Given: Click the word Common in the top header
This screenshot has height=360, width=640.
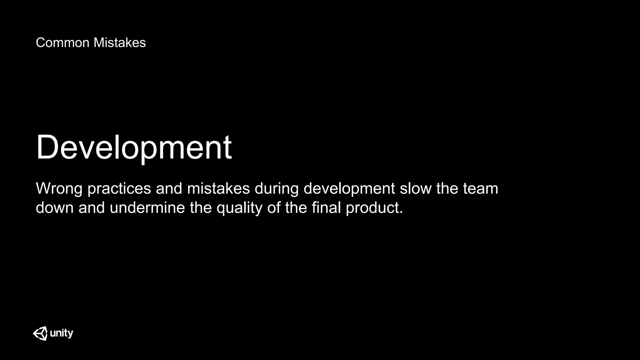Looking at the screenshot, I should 62,43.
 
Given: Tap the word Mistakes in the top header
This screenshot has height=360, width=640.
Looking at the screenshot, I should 119,43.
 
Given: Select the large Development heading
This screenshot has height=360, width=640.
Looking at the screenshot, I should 134,147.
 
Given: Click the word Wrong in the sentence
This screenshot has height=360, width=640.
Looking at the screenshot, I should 59,189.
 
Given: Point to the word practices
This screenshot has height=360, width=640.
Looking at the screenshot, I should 119,189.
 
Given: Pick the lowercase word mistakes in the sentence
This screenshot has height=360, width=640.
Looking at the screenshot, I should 218,189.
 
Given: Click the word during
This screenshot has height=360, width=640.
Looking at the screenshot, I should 277,189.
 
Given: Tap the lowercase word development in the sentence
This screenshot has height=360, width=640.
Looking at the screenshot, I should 349,189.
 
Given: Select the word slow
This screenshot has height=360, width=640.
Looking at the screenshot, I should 416,189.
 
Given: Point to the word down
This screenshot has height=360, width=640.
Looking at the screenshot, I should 54,208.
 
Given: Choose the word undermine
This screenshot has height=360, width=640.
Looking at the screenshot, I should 147,208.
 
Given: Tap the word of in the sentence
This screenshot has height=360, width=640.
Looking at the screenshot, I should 274,208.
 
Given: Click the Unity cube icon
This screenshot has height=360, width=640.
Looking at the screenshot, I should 40,333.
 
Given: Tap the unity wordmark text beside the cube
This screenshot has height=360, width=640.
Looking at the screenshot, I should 62,333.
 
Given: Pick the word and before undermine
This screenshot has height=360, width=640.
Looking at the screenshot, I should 92,208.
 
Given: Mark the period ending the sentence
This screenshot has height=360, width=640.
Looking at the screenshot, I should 401,212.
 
